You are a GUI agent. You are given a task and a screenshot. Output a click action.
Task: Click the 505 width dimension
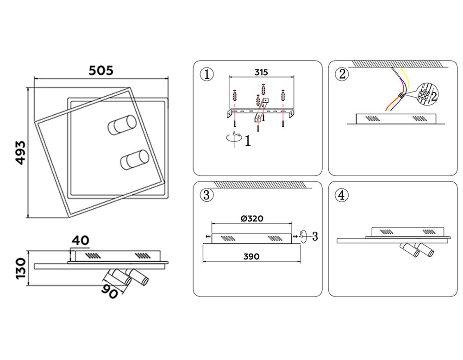click(101, 70)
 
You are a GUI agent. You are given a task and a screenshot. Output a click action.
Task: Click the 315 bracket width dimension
click(261, 73)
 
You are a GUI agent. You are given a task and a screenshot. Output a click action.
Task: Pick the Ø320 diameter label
click(252, 219)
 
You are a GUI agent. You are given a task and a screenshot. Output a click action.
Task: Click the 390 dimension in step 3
click(251, 256)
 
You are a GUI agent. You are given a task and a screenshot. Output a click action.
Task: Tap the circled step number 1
click(207, 74)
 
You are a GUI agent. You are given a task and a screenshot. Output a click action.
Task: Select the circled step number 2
click(342, 74)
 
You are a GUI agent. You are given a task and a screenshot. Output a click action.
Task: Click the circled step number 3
click(207, 195)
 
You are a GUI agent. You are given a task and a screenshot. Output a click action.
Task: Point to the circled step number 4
click(342, 195)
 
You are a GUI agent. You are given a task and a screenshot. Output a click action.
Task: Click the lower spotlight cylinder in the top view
click(134, 160)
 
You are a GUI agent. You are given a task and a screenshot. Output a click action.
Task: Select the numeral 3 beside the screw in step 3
click(314, 236)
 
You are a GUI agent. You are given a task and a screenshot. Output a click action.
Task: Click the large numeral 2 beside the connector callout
click(434, 96)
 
